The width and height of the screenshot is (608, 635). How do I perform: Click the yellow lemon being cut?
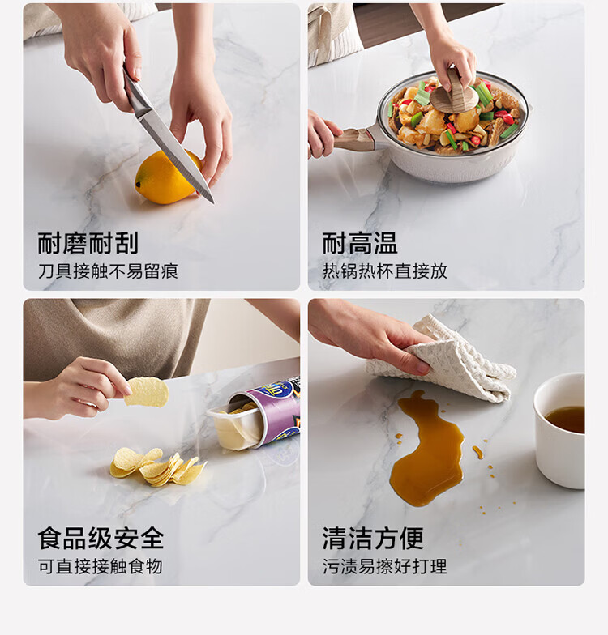(x=167, y=177)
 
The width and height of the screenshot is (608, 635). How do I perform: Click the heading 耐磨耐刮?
(x=88, y=243)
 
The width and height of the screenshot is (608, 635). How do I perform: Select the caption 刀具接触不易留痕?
(x=109, y=271)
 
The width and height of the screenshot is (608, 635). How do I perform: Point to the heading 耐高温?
(x=360, y=243)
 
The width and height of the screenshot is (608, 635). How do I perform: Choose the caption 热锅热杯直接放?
(x=385, y=271)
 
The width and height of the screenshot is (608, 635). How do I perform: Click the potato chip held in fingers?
(x=146, y=391)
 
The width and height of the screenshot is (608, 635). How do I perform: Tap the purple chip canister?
(x=259, y=414)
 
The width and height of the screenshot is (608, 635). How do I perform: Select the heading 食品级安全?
(x=101, y=538)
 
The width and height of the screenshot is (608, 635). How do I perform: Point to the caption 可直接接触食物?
(x=101, y=566)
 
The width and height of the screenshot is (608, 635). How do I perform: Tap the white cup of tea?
(x=559, y=430)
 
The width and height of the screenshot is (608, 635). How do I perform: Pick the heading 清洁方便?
(x=373, y=538)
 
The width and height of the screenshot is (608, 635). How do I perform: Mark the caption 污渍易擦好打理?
(x=385, y=566)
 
